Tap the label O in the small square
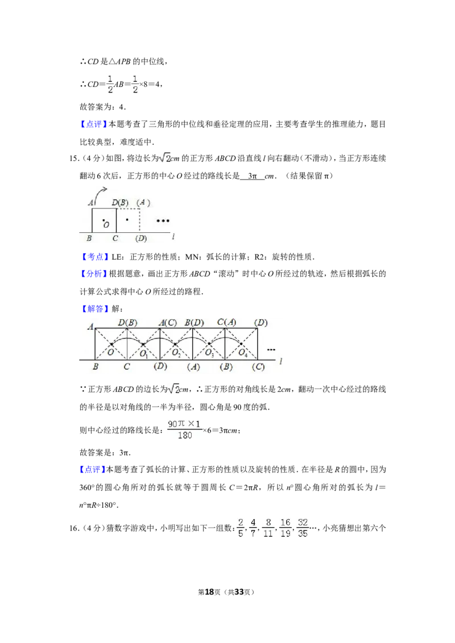[x=106, y=225]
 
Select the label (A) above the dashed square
[x=144, y=203]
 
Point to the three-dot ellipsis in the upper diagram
[x=163, y=220]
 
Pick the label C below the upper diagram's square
[x=115, y=239]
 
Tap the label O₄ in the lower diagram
[x=242, y=353]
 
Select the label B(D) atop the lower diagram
[x=194, y=323]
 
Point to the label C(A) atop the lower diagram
[x=226, y=323]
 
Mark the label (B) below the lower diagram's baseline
[x=226, y=367]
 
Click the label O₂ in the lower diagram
[x=176, y=353]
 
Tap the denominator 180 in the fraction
[x=184, y=435]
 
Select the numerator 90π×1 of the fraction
[x=184, y=424]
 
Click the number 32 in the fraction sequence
[x=303, y=522]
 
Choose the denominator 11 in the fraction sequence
[x=268, y=534]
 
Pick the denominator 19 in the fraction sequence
[x=286, y=534]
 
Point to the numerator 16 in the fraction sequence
[x=286, y=522]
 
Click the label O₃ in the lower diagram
[x=209, y=353]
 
